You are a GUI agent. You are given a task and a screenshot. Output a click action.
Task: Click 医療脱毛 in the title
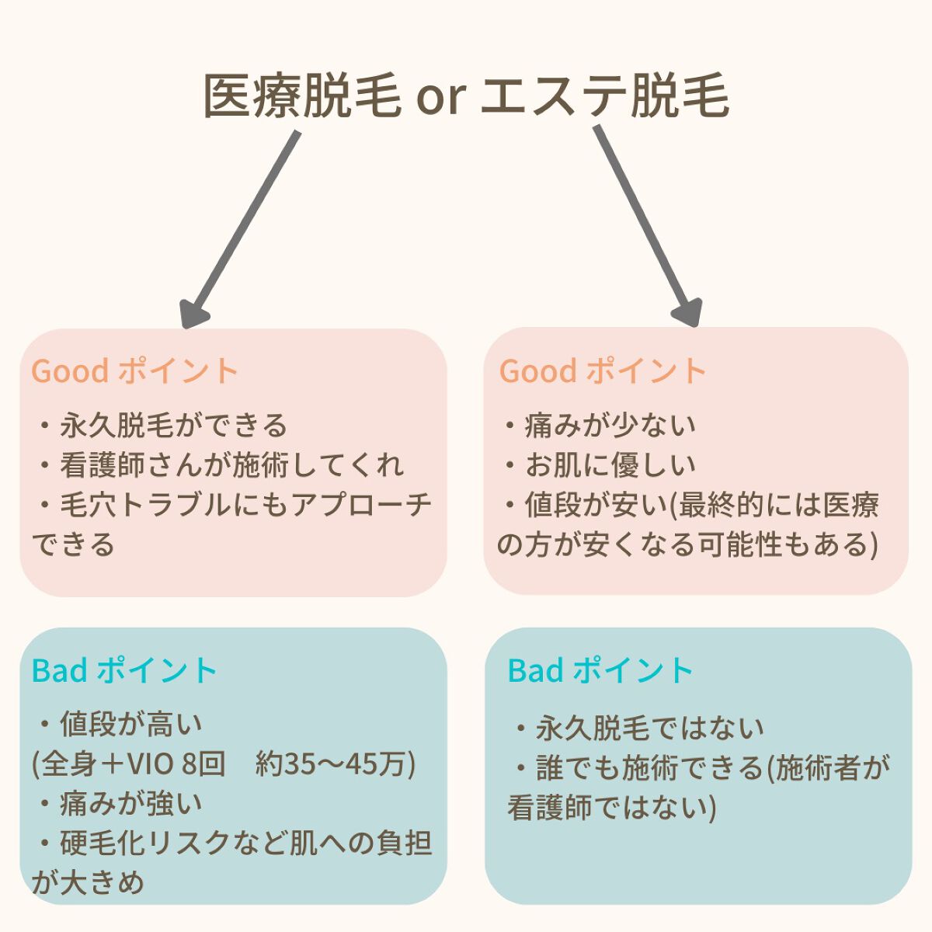pyautogui.click(x=302, y=97)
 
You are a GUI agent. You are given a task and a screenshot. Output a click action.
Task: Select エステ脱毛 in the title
pyautogui.click(x=606, y=97)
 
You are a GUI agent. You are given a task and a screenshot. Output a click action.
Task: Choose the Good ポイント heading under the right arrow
pyautogui.click(x=603, y=370)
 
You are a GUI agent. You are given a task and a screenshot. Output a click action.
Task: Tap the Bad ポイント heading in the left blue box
pyautogui.click(x=124, y=670)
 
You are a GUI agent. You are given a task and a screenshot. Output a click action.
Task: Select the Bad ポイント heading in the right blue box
pyautogui.click(x=600, y=670)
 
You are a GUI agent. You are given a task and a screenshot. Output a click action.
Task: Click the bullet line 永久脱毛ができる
pyautogui.click(x=172, y=425)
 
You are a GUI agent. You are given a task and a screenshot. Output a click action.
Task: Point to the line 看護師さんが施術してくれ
pyautogui.click(x=231, y=464)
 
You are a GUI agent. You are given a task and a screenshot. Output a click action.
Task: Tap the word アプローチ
pyautogui.click(x=362, y=505)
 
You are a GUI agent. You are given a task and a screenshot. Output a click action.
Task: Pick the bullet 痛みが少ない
pyautogui.click(x=610, y=424)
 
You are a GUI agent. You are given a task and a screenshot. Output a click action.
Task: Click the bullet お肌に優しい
pyautogui.click(x=610, y=464)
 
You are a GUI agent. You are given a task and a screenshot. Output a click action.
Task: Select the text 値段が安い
pyautogui.click(x=590, y=505)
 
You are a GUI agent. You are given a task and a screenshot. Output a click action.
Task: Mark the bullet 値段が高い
pyautogui.click(x=130, y=724)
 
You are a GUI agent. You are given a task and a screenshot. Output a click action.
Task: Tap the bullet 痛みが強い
pyautogui.click(x=130, y=803)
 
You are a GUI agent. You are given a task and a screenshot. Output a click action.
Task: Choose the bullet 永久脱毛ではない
pyautogui.click(x=649, y=728)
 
